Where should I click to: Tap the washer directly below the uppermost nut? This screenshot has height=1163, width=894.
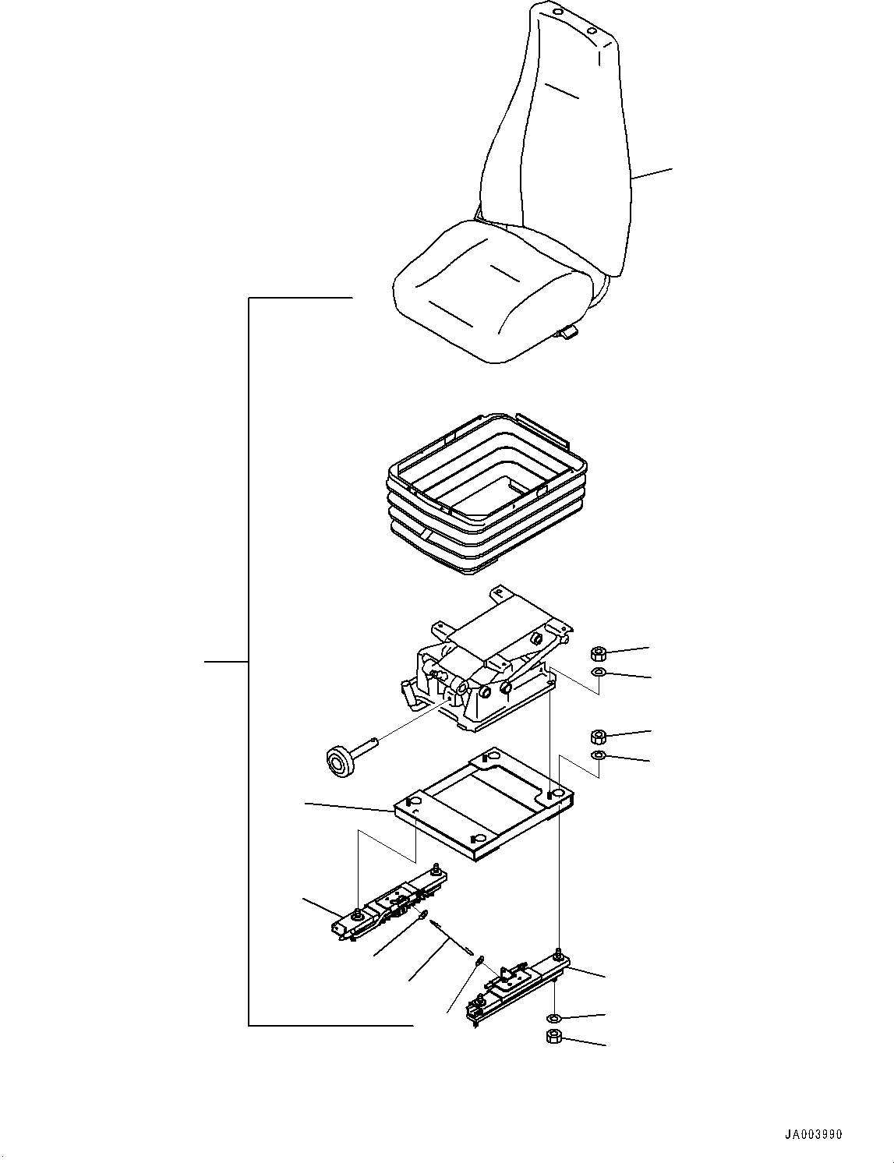point(599,673)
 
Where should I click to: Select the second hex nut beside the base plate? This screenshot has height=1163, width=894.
point(599,736)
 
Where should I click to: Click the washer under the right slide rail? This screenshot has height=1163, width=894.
point(553,1018)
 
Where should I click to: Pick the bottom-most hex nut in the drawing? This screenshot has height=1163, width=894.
point(553,1037)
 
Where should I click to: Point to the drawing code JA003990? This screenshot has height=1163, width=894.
point(814,1134)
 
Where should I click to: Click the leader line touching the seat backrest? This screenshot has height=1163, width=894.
point(652,174)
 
